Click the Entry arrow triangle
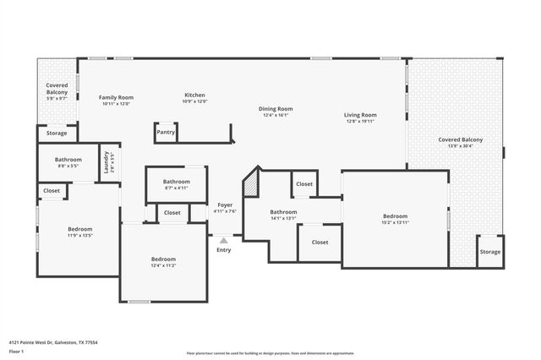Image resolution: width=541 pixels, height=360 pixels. point(223,241)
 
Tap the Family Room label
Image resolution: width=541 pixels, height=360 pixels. point(116,98)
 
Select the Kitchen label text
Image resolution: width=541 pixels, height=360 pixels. point(195,95)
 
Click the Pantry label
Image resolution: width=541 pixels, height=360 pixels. point(166,132)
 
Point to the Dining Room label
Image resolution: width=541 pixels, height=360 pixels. point(276,108)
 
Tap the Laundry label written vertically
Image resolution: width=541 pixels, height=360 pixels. point(106,160)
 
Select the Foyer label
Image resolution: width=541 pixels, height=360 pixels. point(225,205)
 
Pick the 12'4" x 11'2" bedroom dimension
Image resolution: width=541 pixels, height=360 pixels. point(163,265)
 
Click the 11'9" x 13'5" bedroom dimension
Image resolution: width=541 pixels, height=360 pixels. point(80,236)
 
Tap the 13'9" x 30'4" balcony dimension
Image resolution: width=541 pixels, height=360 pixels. point(461,145)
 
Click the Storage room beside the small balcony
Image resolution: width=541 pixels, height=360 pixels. point(57,134)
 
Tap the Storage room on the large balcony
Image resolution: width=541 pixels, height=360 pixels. point(489,252)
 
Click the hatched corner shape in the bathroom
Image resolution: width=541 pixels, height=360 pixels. point(250,183)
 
